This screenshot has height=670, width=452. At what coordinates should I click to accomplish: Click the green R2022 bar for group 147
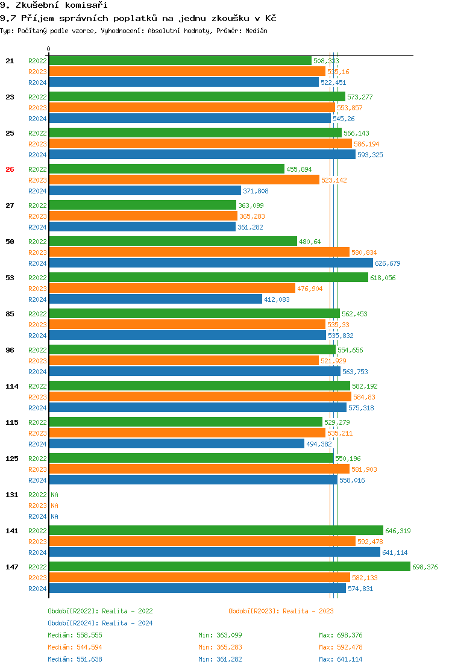pyautogui.click(x=229, y=566)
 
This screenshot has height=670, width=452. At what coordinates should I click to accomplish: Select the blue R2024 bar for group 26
pyautogui.click(x=145, y=191)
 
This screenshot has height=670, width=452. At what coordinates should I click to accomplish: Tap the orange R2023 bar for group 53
pyautogui.click(x=172, y=288)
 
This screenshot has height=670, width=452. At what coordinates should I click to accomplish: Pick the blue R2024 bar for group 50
pyautogui.click(x=211, y=263)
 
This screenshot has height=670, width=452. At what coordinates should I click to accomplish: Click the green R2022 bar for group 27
pyautogui.click(x=142, y=205)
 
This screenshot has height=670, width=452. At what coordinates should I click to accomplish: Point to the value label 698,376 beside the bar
pyautogui.click(x=425, y=567)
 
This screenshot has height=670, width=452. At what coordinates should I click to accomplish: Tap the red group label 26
pyautogui.click(x=10, y=169)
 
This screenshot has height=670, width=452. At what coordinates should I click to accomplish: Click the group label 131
pyautogui.click(x=12, y=495)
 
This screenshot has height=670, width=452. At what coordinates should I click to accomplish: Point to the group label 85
pyautogui.click(x=10, y=314)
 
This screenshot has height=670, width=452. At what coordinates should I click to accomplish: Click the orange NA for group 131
pyautogui.click(x=54, y=506)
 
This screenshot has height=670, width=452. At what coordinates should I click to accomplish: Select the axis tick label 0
pyautogui.click(x=49, y=49)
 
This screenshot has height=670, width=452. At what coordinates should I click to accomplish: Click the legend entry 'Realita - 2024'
pyautogui.click(x=127, y=623)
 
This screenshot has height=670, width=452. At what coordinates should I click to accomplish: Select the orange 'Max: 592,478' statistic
pyautogui.click(x=341, y=647)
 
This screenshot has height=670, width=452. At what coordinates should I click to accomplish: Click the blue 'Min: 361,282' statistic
pyautogui.click(x=220, y=659)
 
